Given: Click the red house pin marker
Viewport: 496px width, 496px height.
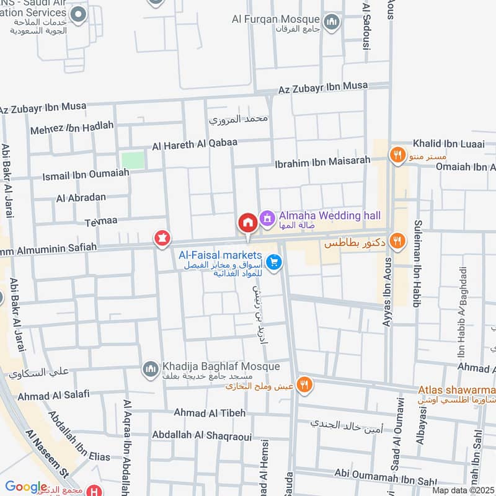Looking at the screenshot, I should coord(247,223).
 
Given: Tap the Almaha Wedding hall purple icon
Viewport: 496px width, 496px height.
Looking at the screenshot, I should coord(267,218).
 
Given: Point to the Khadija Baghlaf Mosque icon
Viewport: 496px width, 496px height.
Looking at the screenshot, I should coord(151,370).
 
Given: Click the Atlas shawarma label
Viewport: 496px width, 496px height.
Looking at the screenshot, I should coord(457,390).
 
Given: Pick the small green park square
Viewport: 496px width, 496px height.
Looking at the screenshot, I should coord(133,160).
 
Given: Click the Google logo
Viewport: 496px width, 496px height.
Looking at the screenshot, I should coord(26,487).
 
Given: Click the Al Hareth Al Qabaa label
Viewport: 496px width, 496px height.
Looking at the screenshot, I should coord(195,145).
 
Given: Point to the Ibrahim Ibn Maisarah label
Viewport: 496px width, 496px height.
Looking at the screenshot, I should coord(323,162).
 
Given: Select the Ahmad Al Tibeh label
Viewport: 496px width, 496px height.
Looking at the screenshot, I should coord(210,413).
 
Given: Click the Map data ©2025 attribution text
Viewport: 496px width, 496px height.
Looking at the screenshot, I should coord(462,490).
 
